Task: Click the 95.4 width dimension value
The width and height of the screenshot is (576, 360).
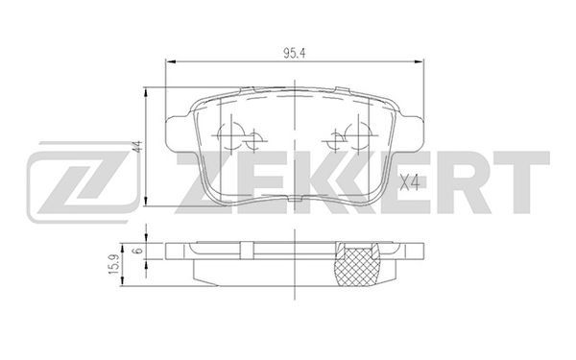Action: [294, 54]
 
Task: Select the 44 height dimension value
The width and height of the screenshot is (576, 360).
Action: [137, 147]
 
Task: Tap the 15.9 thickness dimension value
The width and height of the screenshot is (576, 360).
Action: [114, 264]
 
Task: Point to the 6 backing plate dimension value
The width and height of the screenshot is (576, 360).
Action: [138, 251]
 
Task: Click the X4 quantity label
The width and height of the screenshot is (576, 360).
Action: [410, 182]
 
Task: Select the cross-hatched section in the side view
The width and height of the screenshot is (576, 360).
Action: [358, 265]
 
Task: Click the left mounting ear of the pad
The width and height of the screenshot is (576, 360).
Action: [179, 132]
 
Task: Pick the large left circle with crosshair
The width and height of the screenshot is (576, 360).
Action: [231, 136]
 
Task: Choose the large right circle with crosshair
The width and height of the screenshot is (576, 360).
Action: [358, 136]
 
